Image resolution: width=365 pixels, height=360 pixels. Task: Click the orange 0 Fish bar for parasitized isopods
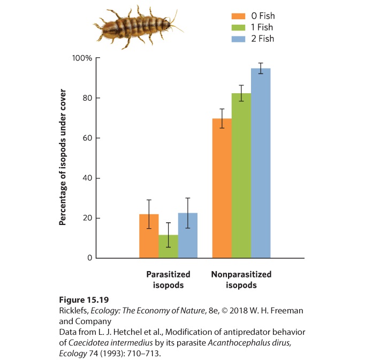149,236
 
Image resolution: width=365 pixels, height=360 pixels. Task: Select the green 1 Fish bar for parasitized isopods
168,246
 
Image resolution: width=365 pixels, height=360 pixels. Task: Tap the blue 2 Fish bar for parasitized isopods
188,235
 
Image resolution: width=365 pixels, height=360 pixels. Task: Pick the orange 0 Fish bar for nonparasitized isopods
222,188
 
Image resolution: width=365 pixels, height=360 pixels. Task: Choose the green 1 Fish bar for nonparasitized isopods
241,176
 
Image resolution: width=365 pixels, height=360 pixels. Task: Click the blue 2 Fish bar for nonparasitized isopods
261,163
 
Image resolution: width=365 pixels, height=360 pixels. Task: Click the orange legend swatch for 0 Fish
238,16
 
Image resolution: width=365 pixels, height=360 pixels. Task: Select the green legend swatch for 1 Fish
238,27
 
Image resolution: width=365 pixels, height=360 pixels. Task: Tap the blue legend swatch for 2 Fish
238,39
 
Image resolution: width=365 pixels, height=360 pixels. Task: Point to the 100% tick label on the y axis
82,58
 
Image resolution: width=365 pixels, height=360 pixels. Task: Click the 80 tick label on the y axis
87,98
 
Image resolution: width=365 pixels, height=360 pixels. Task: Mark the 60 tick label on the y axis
87,138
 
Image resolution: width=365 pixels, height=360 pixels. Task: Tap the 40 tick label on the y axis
87,178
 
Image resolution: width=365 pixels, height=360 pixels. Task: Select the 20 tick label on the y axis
87,218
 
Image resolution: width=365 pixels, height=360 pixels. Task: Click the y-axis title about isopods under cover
63,157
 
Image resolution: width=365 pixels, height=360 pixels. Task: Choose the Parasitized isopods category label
168,280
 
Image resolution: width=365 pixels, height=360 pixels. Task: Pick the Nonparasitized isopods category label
241,280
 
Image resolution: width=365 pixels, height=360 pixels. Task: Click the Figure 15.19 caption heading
84,299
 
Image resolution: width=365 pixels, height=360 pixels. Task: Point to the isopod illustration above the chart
138,27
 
